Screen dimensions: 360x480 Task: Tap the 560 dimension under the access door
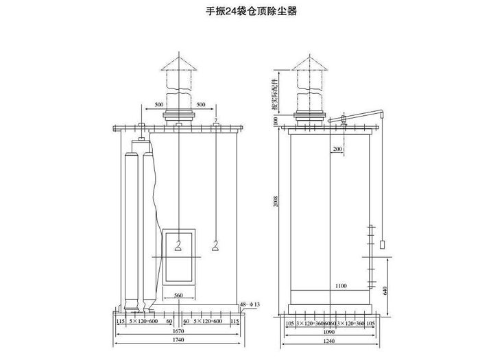[178, 296]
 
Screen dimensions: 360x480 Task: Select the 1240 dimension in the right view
[331, 341]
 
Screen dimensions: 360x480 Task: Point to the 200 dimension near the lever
[337, 149]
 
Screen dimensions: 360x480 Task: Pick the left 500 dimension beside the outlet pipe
[159, 105]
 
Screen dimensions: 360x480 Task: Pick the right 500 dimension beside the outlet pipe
[200, 105]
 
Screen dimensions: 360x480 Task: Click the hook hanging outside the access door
[217, 245]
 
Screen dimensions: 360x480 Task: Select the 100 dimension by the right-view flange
[276, 121]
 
